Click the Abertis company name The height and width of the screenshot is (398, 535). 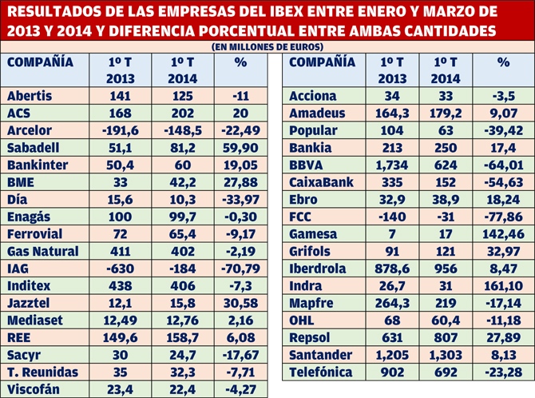tap(30, 96)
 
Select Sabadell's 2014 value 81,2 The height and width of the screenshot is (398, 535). tap(183, 148)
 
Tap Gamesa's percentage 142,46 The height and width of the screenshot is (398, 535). tap(503, 234)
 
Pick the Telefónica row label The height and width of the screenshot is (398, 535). tap(320, 372)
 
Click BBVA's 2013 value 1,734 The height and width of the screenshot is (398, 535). tap(392, 165)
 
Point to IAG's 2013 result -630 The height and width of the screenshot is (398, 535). tap(120, 269)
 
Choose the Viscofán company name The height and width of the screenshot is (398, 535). tap(34, 389)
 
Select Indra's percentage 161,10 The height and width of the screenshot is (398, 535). tap(503, 286)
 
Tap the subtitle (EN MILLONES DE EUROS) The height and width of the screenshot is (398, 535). tap(267, 47)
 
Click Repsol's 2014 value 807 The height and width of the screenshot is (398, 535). tap(446, 337)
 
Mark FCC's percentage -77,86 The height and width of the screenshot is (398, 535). tap(503, 217)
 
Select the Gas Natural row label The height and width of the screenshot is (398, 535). tap(43, 252)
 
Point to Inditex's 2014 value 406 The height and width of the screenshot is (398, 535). tap(183, 286)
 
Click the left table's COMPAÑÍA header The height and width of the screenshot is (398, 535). tap(40, 62)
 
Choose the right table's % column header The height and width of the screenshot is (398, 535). tap(504, 62)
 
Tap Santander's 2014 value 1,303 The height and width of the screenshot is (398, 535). tap(446, 355)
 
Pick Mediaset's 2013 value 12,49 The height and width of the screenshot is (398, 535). tap(120, 320)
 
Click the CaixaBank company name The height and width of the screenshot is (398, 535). tap(321, 182)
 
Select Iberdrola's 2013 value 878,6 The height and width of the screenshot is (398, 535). tap(392, 269)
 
